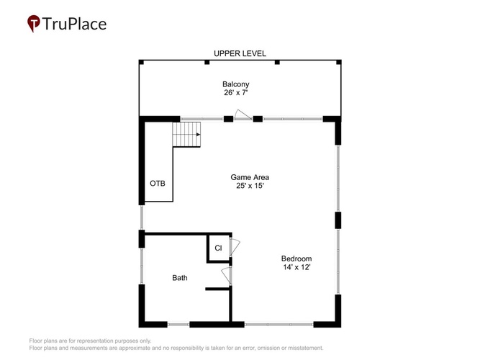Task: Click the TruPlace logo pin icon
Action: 34,23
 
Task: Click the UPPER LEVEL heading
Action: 240,53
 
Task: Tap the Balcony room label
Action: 236,84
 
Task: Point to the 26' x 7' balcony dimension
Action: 235,93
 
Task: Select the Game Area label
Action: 250,177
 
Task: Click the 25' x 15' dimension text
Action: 250,186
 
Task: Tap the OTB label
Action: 158,183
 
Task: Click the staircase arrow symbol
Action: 198,135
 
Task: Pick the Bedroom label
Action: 296,258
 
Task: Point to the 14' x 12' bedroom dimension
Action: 296,267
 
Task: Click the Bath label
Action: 180,278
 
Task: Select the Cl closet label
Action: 218,248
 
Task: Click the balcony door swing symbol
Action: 243,114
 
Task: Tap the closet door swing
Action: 235,248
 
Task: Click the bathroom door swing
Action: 226,276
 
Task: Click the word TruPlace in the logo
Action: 74,24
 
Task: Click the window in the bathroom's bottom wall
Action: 178,324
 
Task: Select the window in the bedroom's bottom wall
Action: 279,324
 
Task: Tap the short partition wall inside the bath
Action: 217,289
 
